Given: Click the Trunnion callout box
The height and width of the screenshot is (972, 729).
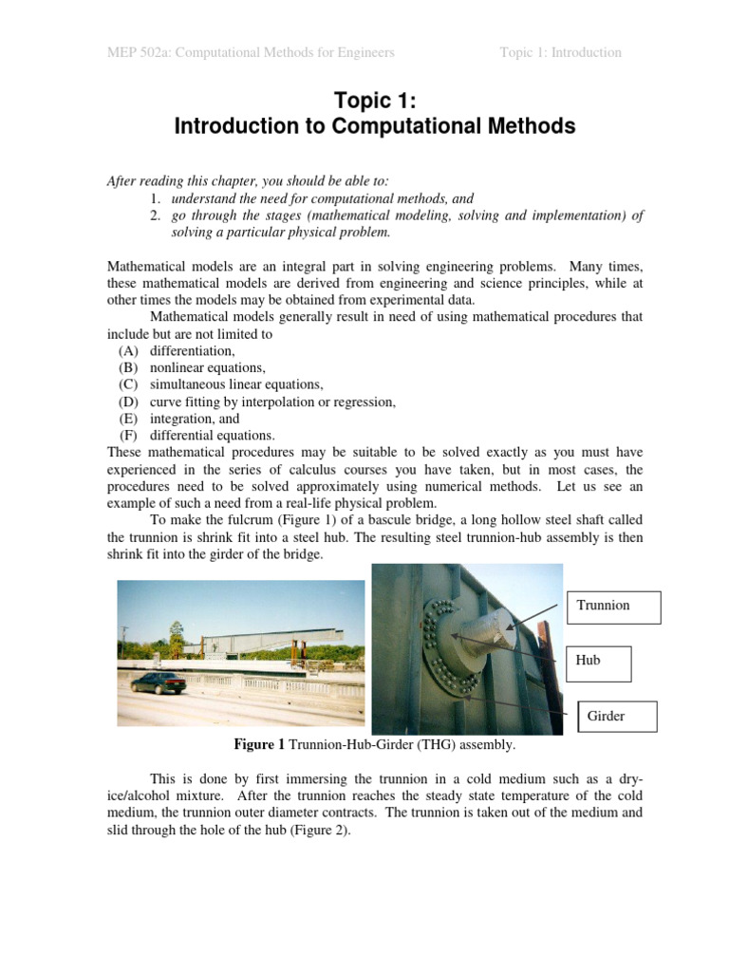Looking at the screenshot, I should [x=613, y=605].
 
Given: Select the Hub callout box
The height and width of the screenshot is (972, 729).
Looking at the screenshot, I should [x=600, y=661].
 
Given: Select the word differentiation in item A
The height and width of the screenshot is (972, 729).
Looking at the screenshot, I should [x=193, y=351].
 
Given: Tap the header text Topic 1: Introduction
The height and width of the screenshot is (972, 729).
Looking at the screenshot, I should [x=560, y=52].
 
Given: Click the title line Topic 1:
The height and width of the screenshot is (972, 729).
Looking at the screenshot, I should [x=375, y=102].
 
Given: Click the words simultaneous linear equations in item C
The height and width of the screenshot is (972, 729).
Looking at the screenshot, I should [x=236, y=384].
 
